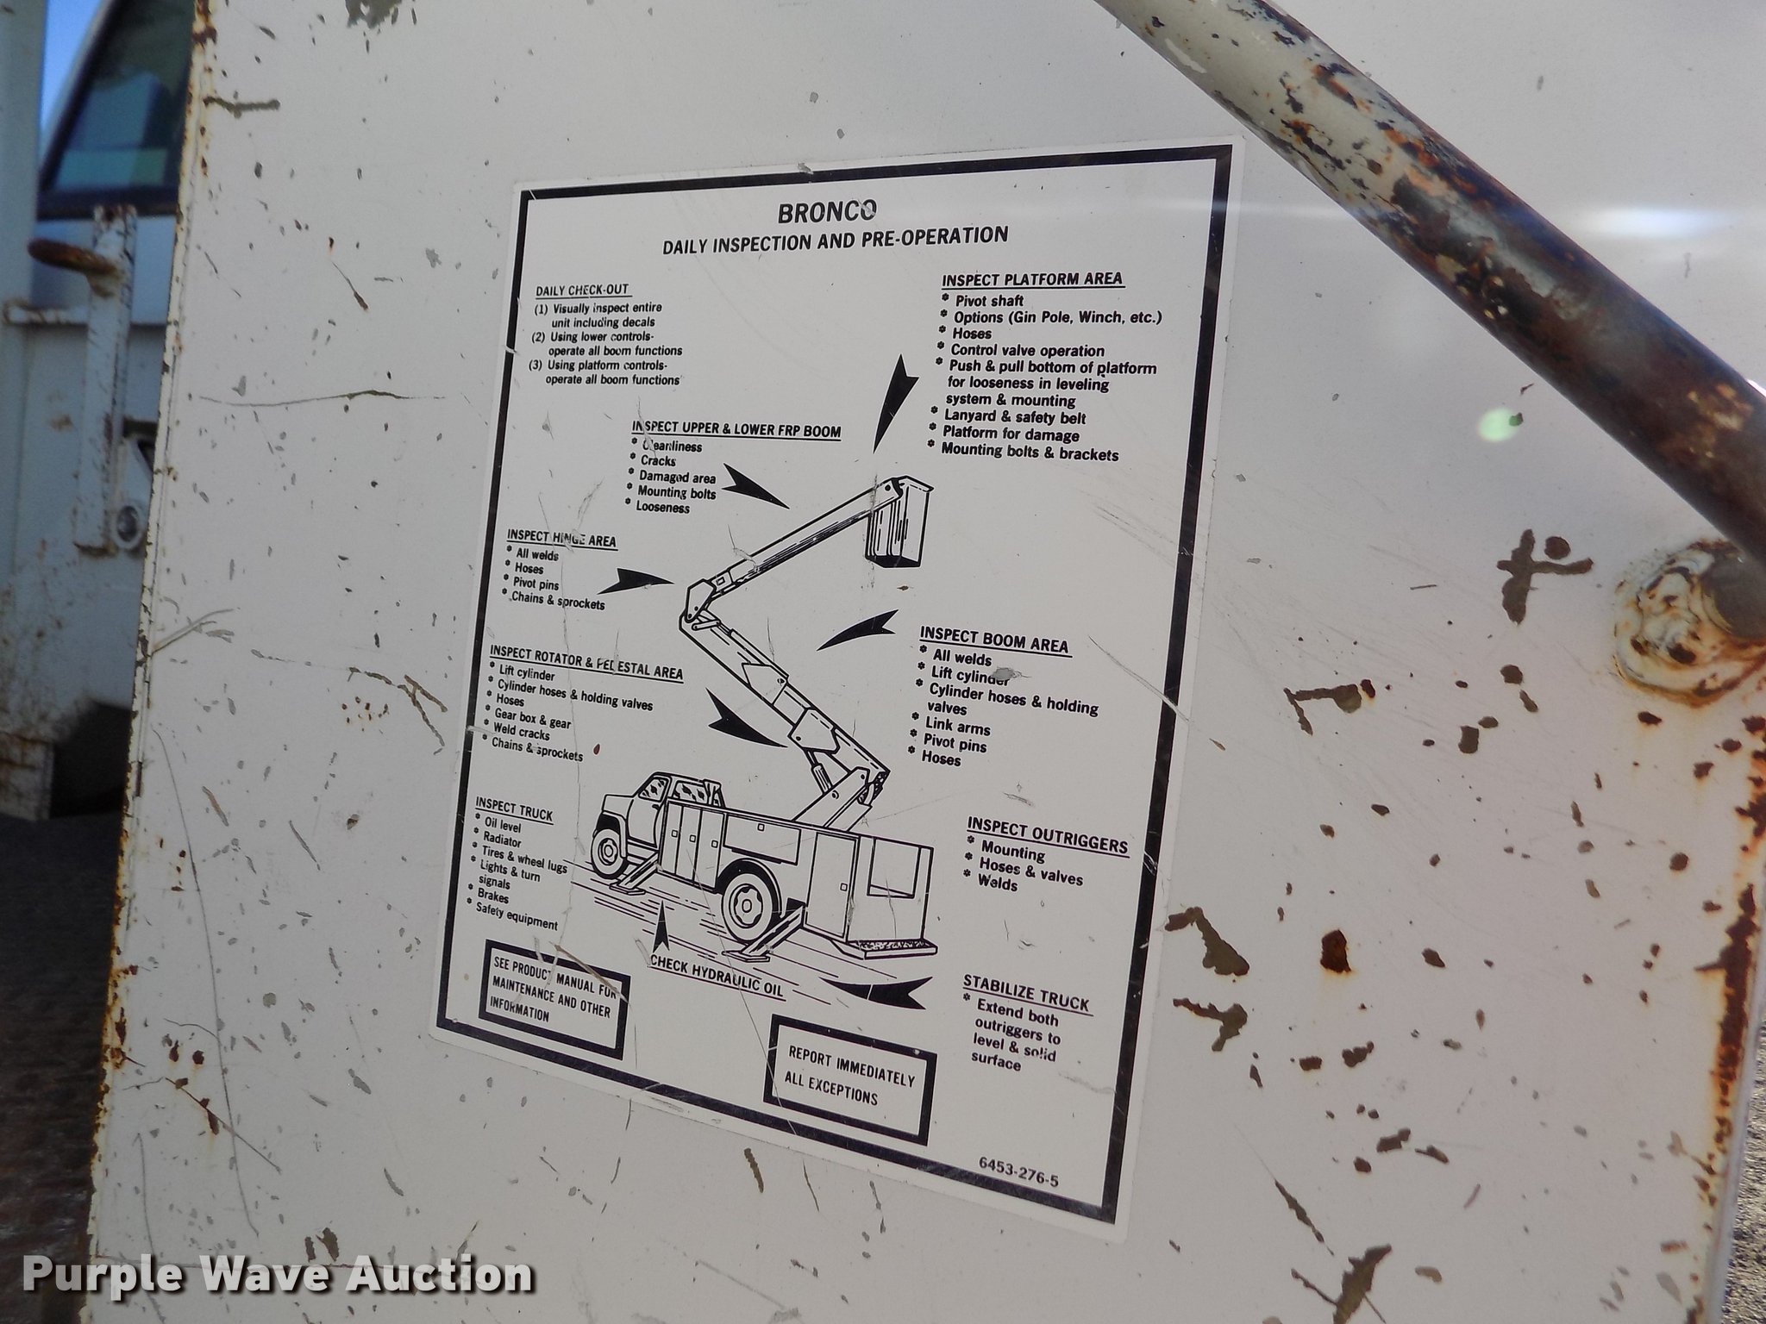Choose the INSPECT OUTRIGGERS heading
(x=1047, y=834)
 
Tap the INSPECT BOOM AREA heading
(x=994, y=640)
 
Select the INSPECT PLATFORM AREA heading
(x=1032, y=279)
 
